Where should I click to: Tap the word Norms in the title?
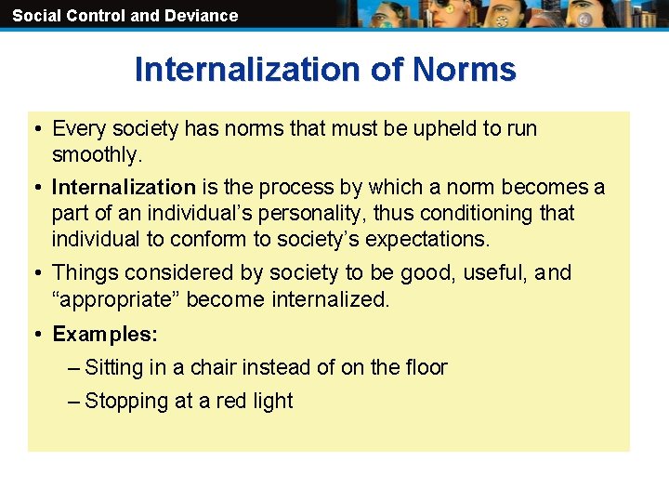click(464, 70)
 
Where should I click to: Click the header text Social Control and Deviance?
click(125, 15)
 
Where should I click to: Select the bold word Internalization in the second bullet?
click(124, 188)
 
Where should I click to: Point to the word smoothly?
click(97, 154)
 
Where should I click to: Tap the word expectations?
click(426, 239)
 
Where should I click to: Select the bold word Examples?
click(105, 334)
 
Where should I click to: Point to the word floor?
click(424, 368)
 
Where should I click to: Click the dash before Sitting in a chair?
click(74, 368)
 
